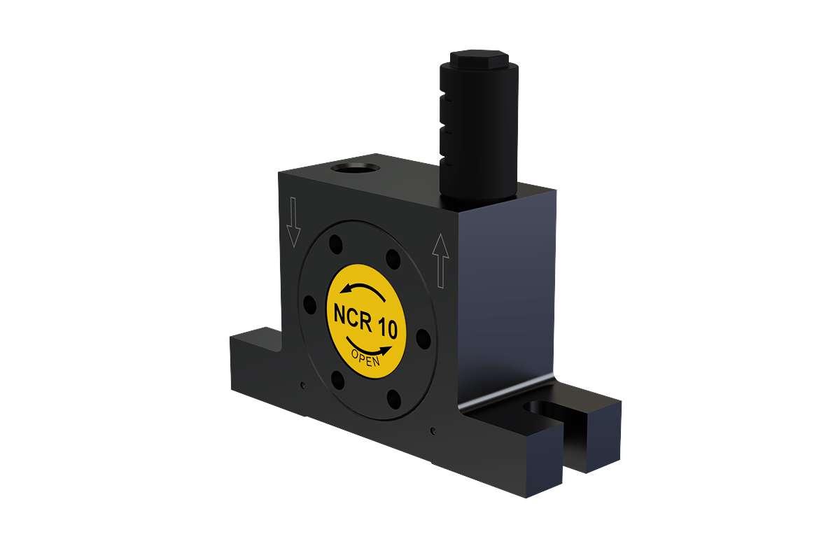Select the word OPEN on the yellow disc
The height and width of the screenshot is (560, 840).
[x=365, y=358]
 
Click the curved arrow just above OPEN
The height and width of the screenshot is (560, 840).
[x=368, y=348]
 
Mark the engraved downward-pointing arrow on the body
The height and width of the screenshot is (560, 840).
[x=293, y=222]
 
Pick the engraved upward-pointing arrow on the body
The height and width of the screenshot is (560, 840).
[x=440, y=261]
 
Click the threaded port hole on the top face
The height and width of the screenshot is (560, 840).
[x=356, y=168]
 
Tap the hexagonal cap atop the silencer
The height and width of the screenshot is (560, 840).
[x=479, y=59]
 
